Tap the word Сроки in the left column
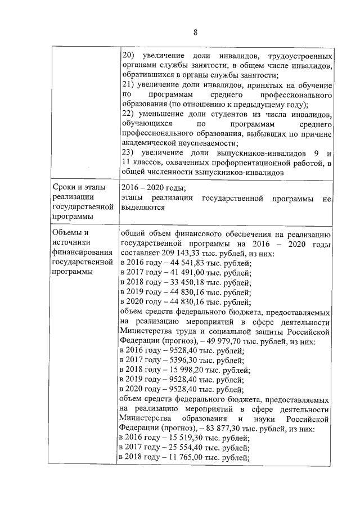pos(65,187)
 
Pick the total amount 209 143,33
pos(186,253)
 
